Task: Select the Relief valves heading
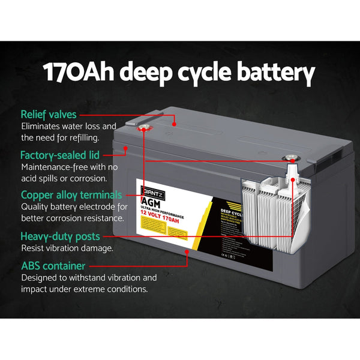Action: point(49,114)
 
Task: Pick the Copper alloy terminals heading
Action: point(71,195)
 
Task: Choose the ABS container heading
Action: point(53,266)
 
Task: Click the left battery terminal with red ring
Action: point(143,128)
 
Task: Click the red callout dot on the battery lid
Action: point(174,124)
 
